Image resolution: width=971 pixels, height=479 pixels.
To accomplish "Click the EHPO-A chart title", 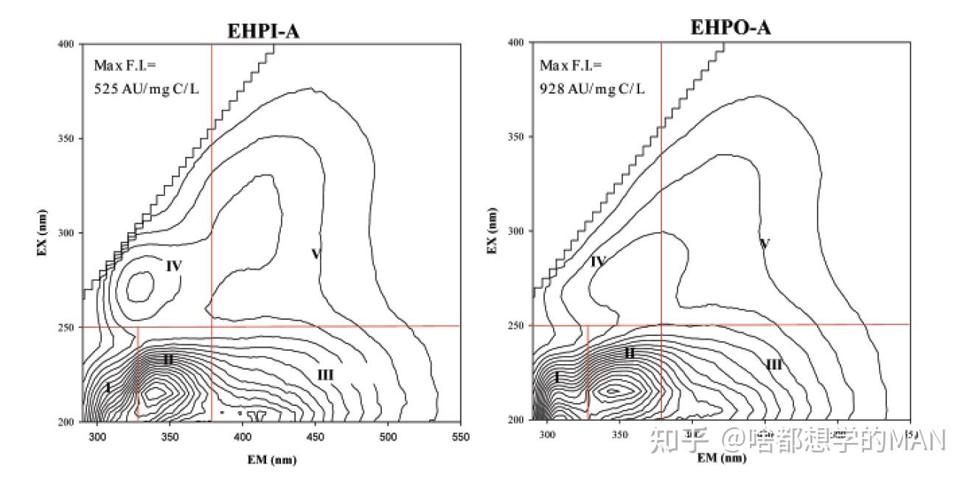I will click(x=731, y=28).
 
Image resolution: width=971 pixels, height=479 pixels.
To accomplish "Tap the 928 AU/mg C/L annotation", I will click(x=592, y=88).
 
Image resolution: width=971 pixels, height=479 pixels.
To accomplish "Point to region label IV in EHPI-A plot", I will click(x=173, y=266).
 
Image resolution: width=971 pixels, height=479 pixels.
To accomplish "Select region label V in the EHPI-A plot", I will click(x=316, y=254).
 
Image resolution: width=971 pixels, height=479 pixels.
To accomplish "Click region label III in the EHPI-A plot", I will click(x=325, y=375).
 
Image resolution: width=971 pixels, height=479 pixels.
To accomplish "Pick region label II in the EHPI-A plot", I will click(x=168, y=360).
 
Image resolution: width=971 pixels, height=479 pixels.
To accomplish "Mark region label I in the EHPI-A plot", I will click(x=108, y=388).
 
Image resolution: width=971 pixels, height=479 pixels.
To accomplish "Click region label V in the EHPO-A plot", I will click(x=765, y=244).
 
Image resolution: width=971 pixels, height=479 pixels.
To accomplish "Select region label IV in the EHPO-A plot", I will click(x=598, y=262).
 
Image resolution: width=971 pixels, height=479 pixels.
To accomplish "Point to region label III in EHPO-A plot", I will click(x=774, y=364).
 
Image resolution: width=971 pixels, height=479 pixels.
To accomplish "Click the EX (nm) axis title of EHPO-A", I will click(x=492, y=231).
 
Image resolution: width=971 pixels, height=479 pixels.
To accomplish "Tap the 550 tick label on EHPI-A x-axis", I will click(x=460, y=436).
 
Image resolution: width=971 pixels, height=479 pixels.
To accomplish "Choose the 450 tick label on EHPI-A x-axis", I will click(x=315, y=436).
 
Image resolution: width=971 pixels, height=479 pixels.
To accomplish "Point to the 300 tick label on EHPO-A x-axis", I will click(x=547, y=434).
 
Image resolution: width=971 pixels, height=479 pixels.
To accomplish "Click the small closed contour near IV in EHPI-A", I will click(x=140, y=285).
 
